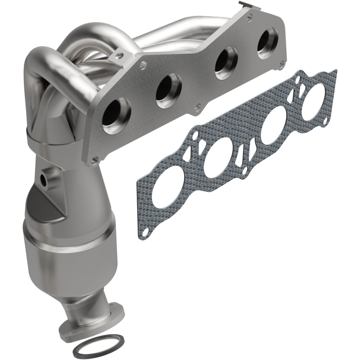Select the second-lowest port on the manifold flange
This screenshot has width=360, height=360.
[168, 88]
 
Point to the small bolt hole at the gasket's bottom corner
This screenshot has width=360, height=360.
[145, 231]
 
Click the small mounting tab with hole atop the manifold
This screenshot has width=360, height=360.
[119, 57]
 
